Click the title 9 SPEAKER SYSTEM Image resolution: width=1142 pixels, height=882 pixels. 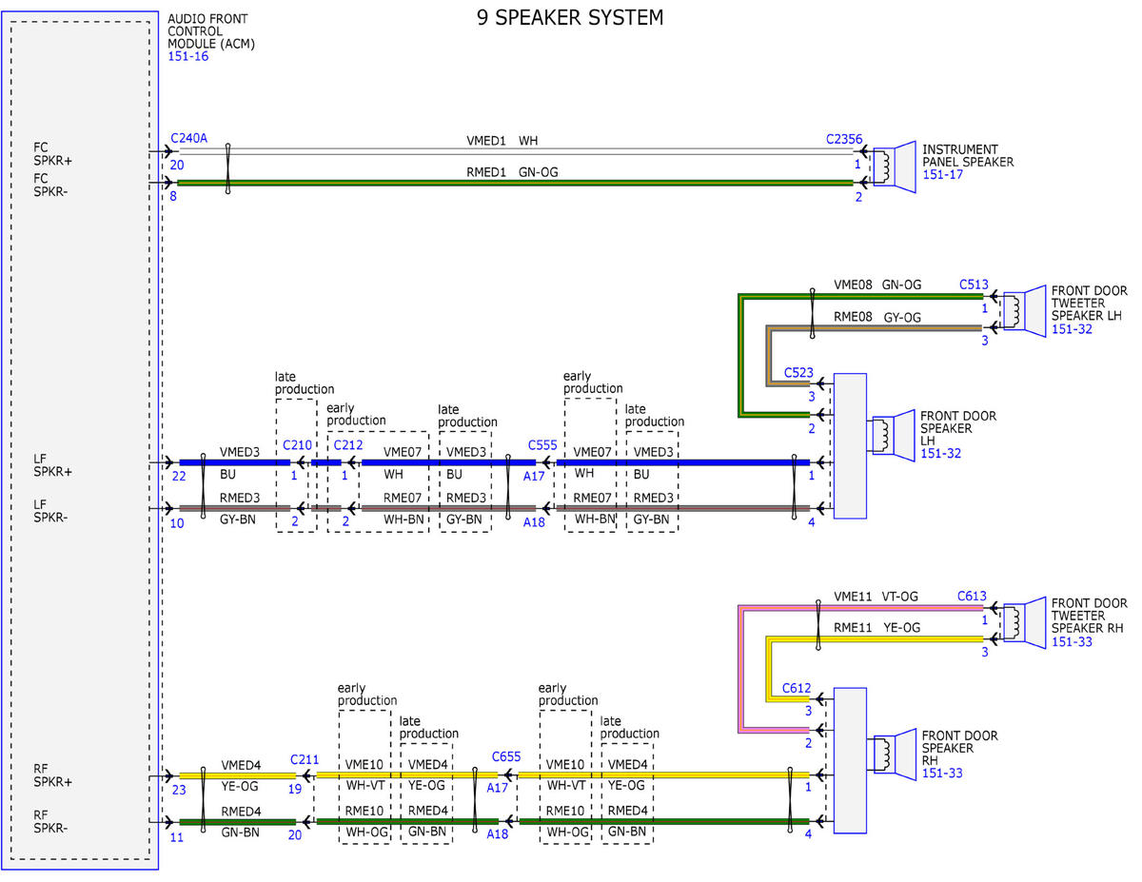tap(570, 18)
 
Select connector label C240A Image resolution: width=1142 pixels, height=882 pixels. tap(188, 138)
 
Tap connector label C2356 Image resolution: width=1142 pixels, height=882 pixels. tap(844, 139)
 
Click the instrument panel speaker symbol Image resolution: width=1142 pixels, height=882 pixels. tap(895, 167)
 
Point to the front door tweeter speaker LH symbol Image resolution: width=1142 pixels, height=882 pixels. tap(1024, 311)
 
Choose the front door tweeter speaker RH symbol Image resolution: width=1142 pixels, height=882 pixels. tap(1024, 623)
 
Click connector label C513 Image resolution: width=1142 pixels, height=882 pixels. tap(974, 284)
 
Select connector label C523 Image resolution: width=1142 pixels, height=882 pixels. tap(798, 373)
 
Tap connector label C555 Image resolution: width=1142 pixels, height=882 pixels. tap(542, 445)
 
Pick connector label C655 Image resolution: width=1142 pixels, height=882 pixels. tap(506, 757)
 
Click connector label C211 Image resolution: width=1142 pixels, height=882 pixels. tap(305, 759)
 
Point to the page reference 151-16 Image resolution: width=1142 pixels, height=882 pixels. tap(188, 56)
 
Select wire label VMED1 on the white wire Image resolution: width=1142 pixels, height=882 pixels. tap(486, 141)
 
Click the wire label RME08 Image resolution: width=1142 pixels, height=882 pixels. tap(853, 317)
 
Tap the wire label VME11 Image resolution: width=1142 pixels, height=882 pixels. tap(853, 597)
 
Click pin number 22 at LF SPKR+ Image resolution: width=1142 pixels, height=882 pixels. tap(179, 477)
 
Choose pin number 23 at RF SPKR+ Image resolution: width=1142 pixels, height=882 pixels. tap(179, 790)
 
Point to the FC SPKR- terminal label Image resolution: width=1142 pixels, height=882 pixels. tap(51, 185)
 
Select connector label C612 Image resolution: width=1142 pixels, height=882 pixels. tap(797, 688)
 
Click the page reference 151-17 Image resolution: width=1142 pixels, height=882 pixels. tap(943, 175)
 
